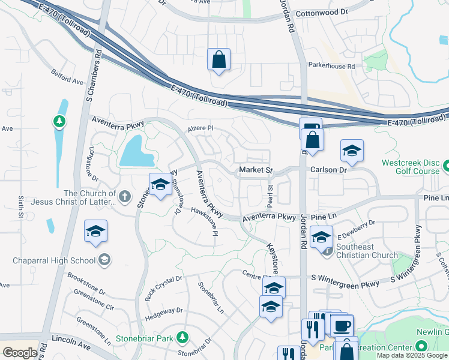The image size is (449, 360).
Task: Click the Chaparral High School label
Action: [54, 260]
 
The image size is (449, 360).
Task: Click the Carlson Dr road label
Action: [329, 170]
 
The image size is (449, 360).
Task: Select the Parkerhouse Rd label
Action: [331, 66]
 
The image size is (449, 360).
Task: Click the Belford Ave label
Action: [68, 80]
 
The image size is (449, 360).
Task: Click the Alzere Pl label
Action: [200, 128]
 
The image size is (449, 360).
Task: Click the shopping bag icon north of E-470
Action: [218, 60]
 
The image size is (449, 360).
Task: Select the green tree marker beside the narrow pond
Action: [59, 122]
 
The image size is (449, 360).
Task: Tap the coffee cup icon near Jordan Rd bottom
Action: [342, 326]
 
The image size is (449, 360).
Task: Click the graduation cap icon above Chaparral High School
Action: [95, 232]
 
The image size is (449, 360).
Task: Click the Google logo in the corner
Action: [20, 353]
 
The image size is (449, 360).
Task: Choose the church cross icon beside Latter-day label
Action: [125, 196]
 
